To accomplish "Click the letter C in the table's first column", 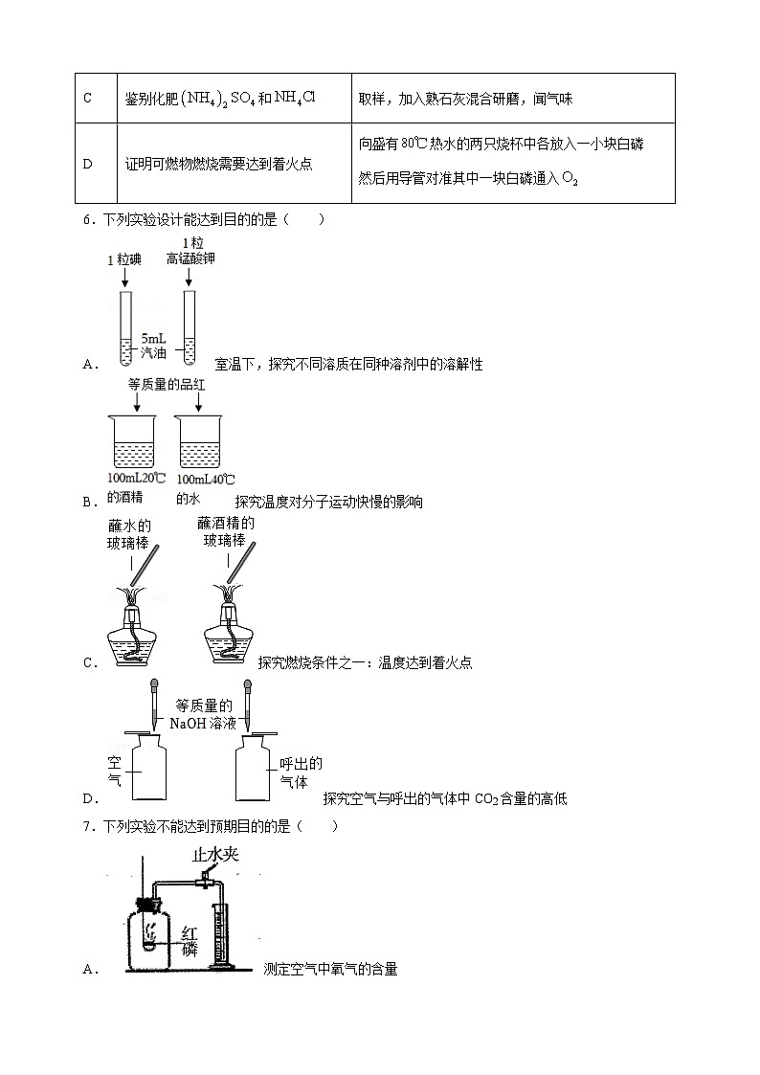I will pyautogui.click(x=87, y=99).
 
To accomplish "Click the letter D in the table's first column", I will pyautogui.click(x=87, y=164).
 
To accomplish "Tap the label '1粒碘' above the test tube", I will pyautogui.click(x=124, y=258).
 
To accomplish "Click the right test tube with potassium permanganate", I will pyautogui.click(x=190, y=327).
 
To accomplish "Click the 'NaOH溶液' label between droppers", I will pyautogui.click(x=202, y=723).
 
